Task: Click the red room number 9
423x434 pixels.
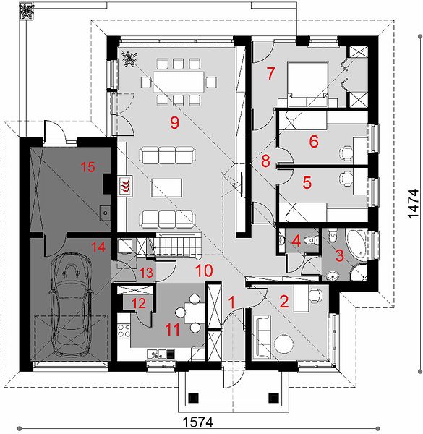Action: (174, 122)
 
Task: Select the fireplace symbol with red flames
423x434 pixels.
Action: (125, 186)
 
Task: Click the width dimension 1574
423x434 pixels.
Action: (198, 422)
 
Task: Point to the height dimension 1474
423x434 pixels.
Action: (414, 204)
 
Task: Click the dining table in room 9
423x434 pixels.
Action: (179, 82)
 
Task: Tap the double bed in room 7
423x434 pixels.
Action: (308, 85)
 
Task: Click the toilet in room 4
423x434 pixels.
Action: (310, 240)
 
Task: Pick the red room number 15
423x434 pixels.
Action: (88, 167)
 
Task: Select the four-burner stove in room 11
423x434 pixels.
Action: (124, 331)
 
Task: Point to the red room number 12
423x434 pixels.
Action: (139, 304)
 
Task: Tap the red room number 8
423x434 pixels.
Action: (265, 161)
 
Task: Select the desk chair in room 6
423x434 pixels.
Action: (346, 153)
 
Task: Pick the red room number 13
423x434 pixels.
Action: (146, 273)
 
